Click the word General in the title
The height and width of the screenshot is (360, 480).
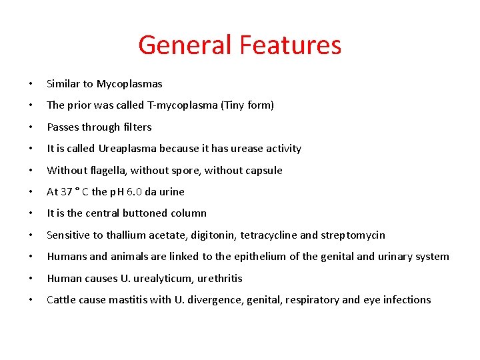pyautogui.click(x=185, y=45)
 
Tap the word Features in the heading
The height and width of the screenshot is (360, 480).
pyautogui.click(x=290, y=45)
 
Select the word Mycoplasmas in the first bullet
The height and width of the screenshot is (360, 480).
pyautogui.click(x=129, y=84)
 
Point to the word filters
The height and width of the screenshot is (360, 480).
pyautogui.click(x=137, y=127)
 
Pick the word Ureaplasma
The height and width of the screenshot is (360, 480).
pyautogui.click(x=127, y=149)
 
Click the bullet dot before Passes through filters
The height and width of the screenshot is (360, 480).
pyautogui.click(x=31, y=127)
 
